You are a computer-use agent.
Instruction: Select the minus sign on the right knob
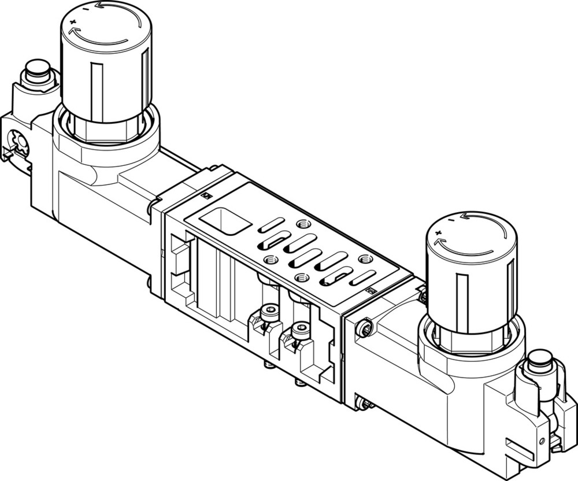pyautogui.click(x=451, y=220)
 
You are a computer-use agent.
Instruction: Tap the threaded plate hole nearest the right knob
pyautogui.click(x=364, y=259)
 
